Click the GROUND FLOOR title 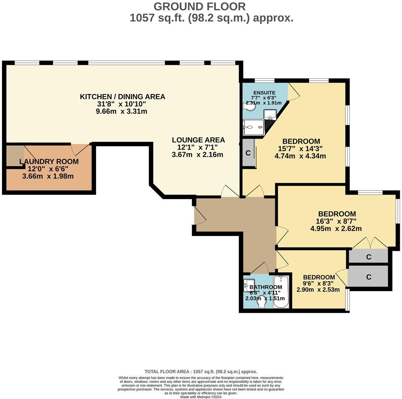pyautogui.click(x=199, y=6)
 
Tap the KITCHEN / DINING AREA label pyautogui.click(x=123, y=97)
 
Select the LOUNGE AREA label pyautogui.click(x=198, y=140)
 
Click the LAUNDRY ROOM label pyautogui.click(x=49, y=162)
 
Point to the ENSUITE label pyautogui.click(x=264, y=93)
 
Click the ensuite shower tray pyautogui.click(x=253, y=127)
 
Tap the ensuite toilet pyautogui.click(x=249, y=106)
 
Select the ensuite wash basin pyautogui.click(x=270, y=114)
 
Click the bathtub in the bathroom pyautogui.click(x=281, y=292)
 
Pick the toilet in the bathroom pyautogui.click(x=261, y=302)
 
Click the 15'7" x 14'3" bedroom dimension pyautogui.click(x=300, y=148)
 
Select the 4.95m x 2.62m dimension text pyautogui.click(x=336, y=228)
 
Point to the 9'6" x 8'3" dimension pyautogui.click(x=318, y=283)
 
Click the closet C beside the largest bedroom pyautogui.click(x=248, y=153)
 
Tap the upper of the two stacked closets pyautogui.click(x=369, y=256)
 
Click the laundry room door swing pyautogui.click(x=81, y=150)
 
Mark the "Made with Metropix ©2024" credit pyautogui.click(x=201, y=397)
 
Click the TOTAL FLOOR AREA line pyautogui.click(x=201, y=372)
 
